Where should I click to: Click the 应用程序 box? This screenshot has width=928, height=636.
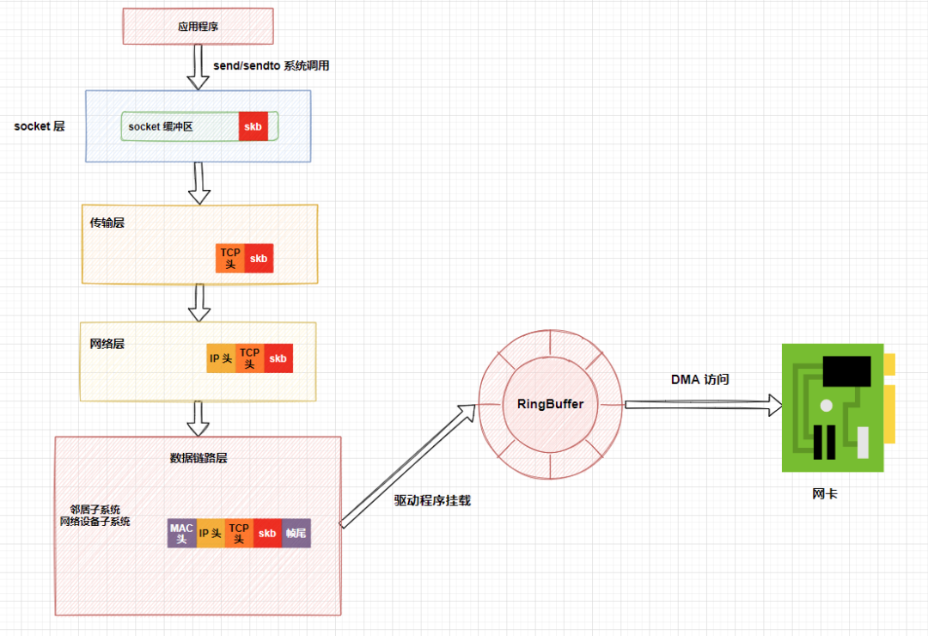coord(198,26)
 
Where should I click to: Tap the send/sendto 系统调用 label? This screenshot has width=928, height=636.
coord(270,66)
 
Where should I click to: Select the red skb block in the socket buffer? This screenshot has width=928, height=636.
coord(253,126)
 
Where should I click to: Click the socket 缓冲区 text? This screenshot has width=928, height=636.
coord(161,126)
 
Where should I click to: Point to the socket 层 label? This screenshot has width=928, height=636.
coord(40,125)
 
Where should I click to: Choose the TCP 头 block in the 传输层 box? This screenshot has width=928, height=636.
coord(230,258)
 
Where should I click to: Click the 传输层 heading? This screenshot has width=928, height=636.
coord(107,223)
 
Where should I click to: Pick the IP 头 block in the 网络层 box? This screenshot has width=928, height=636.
coord(221,358)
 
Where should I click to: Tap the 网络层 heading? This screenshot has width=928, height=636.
coord(107,344)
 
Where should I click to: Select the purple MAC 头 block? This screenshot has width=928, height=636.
coord(181,533)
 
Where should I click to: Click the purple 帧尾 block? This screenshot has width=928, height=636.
coord(296,533)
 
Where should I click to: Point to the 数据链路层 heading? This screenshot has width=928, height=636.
coord(198,458)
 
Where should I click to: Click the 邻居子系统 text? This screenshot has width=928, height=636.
coord(95,509)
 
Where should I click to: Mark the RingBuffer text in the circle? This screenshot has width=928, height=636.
coord(550,404)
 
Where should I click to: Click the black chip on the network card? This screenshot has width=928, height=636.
coord(852,371)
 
